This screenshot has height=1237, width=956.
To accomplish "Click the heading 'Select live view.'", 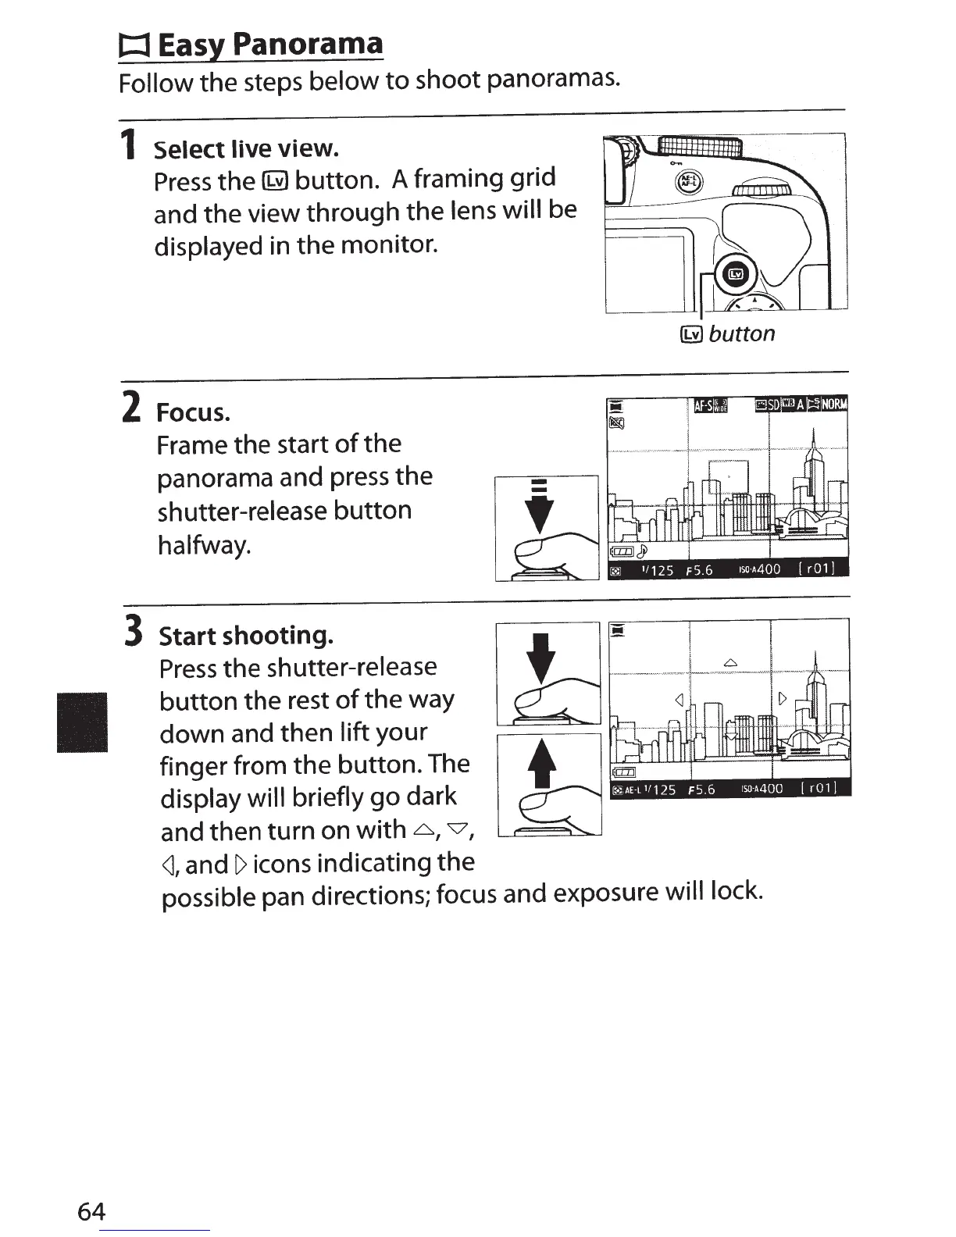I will [x=246, y=148].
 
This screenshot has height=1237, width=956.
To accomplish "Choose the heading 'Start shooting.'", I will [x=246, y=636].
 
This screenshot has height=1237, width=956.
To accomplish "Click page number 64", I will [x=91, y=1211].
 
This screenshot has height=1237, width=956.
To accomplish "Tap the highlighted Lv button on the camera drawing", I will [x=737, y=273].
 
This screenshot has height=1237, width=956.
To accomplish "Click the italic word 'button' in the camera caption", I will [x=742, y=334].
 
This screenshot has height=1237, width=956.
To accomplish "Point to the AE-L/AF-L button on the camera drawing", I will [x=687, y=181].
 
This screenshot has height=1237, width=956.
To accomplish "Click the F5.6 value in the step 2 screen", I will [x=698, y=570].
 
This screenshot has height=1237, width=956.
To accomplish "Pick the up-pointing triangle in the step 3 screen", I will [x=730, y=663].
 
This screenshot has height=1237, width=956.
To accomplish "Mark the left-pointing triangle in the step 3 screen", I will [x=680, y=697].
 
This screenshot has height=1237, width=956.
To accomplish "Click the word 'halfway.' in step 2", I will [x=205, y=544].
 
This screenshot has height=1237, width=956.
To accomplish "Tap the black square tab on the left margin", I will [x=82, y=722].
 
